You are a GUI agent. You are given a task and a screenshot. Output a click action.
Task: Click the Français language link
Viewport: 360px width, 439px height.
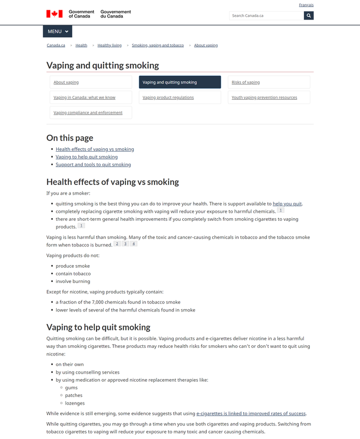pos(306,5)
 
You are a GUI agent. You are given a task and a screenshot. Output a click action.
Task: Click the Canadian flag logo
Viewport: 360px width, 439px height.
pos(55,14)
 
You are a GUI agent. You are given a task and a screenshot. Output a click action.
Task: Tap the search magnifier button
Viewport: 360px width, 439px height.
pos(309,16)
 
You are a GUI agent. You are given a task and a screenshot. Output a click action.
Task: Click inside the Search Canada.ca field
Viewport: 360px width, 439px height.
pos(266,16)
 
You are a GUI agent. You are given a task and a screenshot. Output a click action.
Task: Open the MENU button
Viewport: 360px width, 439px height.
pos(57,31)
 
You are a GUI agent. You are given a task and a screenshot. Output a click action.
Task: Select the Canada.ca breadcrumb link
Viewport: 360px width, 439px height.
pos(56,45)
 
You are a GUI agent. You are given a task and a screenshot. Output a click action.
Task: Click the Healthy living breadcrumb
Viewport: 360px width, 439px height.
pos(110,45)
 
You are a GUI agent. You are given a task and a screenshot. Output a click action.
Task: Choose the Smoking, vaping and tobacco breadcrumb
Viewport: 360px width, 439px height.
pos(158,45)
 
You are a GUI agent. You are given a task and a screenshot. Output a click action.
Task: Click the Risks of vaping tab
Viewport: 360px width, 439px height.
pos(245,82)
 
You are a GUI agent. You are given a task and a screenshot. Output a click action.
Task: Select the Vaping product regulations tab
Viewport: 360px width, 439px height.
pos(168,98)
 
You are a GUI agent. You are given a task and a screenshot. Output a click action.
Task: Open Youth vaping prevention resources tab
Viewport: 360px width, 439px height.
pos(265,98)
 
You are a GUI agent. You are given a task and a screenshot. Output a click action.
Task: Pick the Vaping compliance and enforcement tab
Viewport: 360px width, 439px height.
pos(88,113)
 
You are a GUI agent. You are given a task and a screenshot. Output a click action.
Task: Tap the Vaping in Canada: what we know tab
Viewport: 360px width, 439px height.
pos(85,98)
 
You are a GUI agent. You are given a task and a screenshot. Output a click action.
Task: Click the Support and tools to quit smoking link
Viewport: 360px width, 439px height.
pos(93,164)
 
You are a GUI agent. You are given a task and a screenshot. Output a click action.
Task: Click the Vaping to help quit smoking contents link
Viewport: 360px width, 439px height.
pos(87,157)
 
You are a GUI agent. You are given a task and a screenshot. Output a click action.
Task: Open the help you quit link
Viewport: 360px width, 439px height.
pos(287,203)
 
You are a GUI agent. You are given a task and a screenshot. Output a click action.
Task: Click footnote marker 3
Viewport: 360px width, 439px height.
pos(125,244)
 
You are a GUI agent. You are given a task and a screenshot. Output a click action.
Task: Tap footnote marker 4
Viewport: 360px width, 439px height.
pos(134,244)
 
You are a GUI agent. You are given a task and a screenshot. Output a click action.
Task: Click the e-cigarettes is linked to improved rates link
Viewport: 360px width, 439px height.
pos(251,413)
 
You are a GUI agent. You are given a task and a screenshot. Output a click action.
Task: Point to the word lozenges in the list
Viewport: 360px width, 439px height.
pos(74,403)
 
